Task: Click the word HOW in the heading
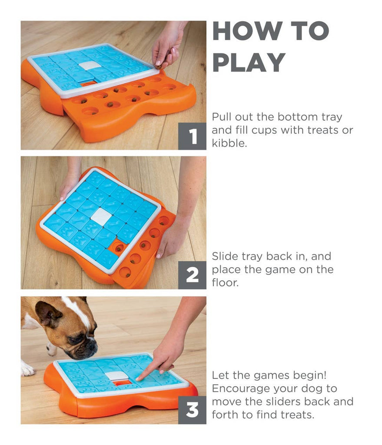click(x=240, y=31)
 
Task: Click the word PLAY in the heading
click(x=249, y=62)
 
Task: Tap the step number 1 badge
click(x=192, y=136)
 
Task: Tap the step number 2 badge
click(x=192, y=275)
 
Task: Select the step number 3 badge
click(x=192, y=410)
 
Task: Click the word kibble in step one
click(x=229, y=143)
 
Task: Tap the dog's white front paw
click(x=27, y=370)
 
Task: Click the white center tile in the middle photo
click(x=102, y=216)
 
